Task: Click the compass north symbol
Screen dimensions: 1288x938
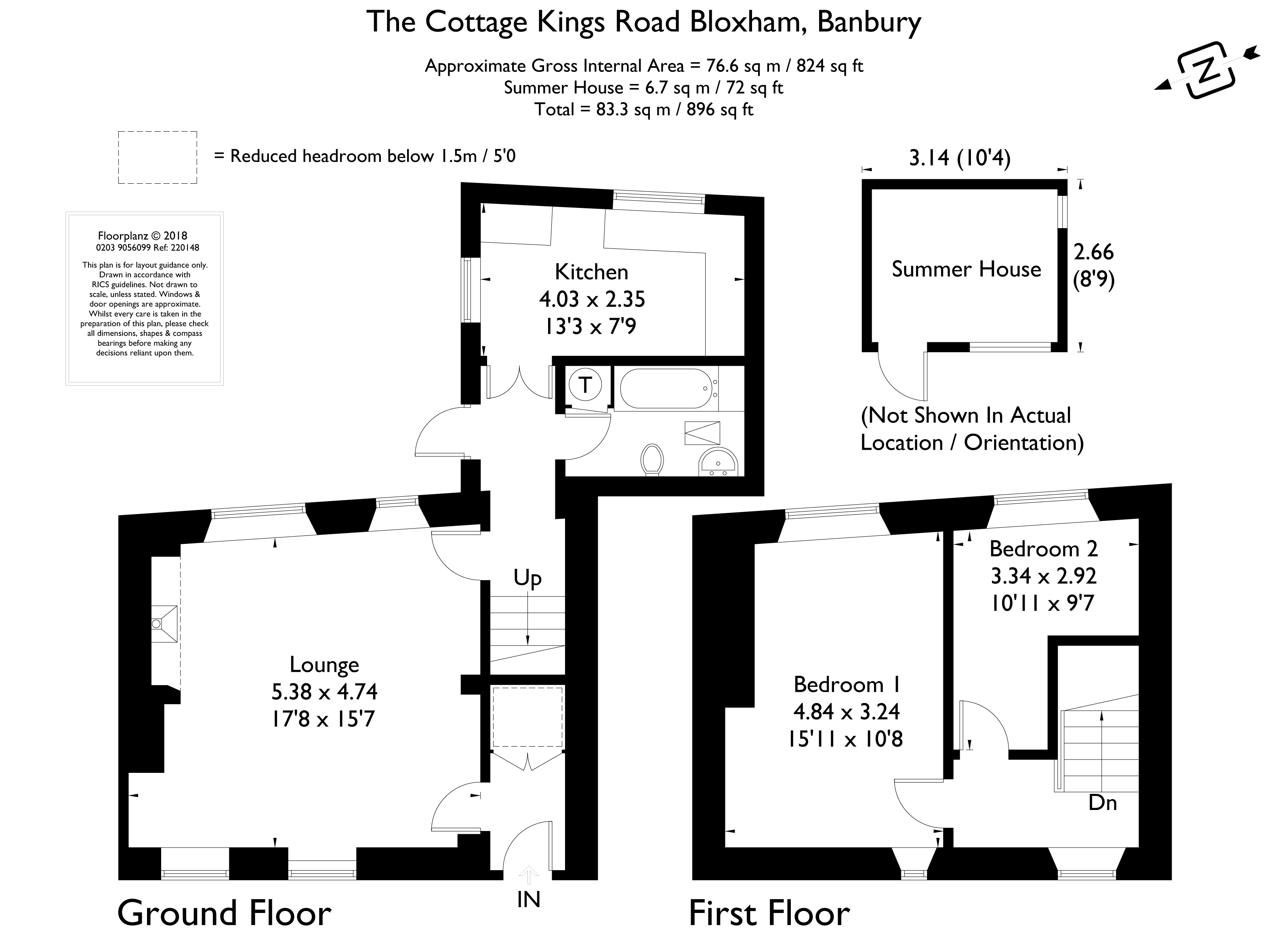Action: (1207, 78)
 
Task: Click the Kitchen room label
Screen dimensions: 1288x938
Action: (591, 272)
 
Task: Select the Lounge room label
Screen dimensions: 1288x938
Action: (324, 665)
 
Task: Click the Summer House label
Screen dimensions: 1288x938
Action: (966, 269)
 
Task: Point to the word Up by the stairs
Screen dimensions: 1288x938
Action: (527, 579)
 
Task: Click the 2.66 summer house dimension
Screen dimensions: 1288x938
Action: (1093, 252)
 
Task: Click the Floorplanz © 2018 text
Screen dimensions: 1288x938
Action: (143, 236)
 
